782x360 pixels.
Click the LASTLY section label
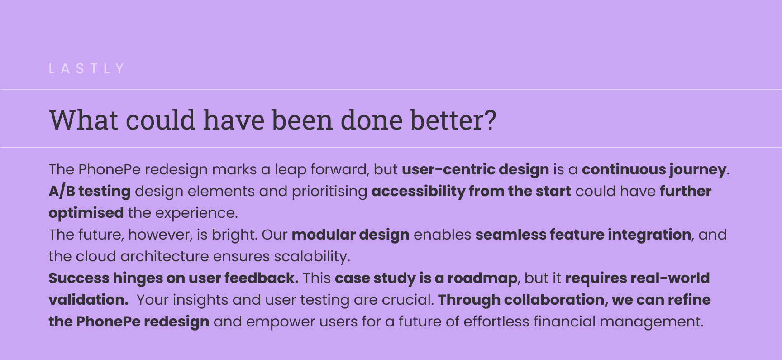tap(86, 68)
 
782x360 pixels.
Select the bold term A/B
tap(62, 191)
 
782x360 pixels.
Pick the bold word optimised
tap(86, 213)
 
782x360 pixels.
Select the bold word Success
tap(79, 278)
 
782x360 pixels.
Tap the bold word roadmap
tap(482, 278)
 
